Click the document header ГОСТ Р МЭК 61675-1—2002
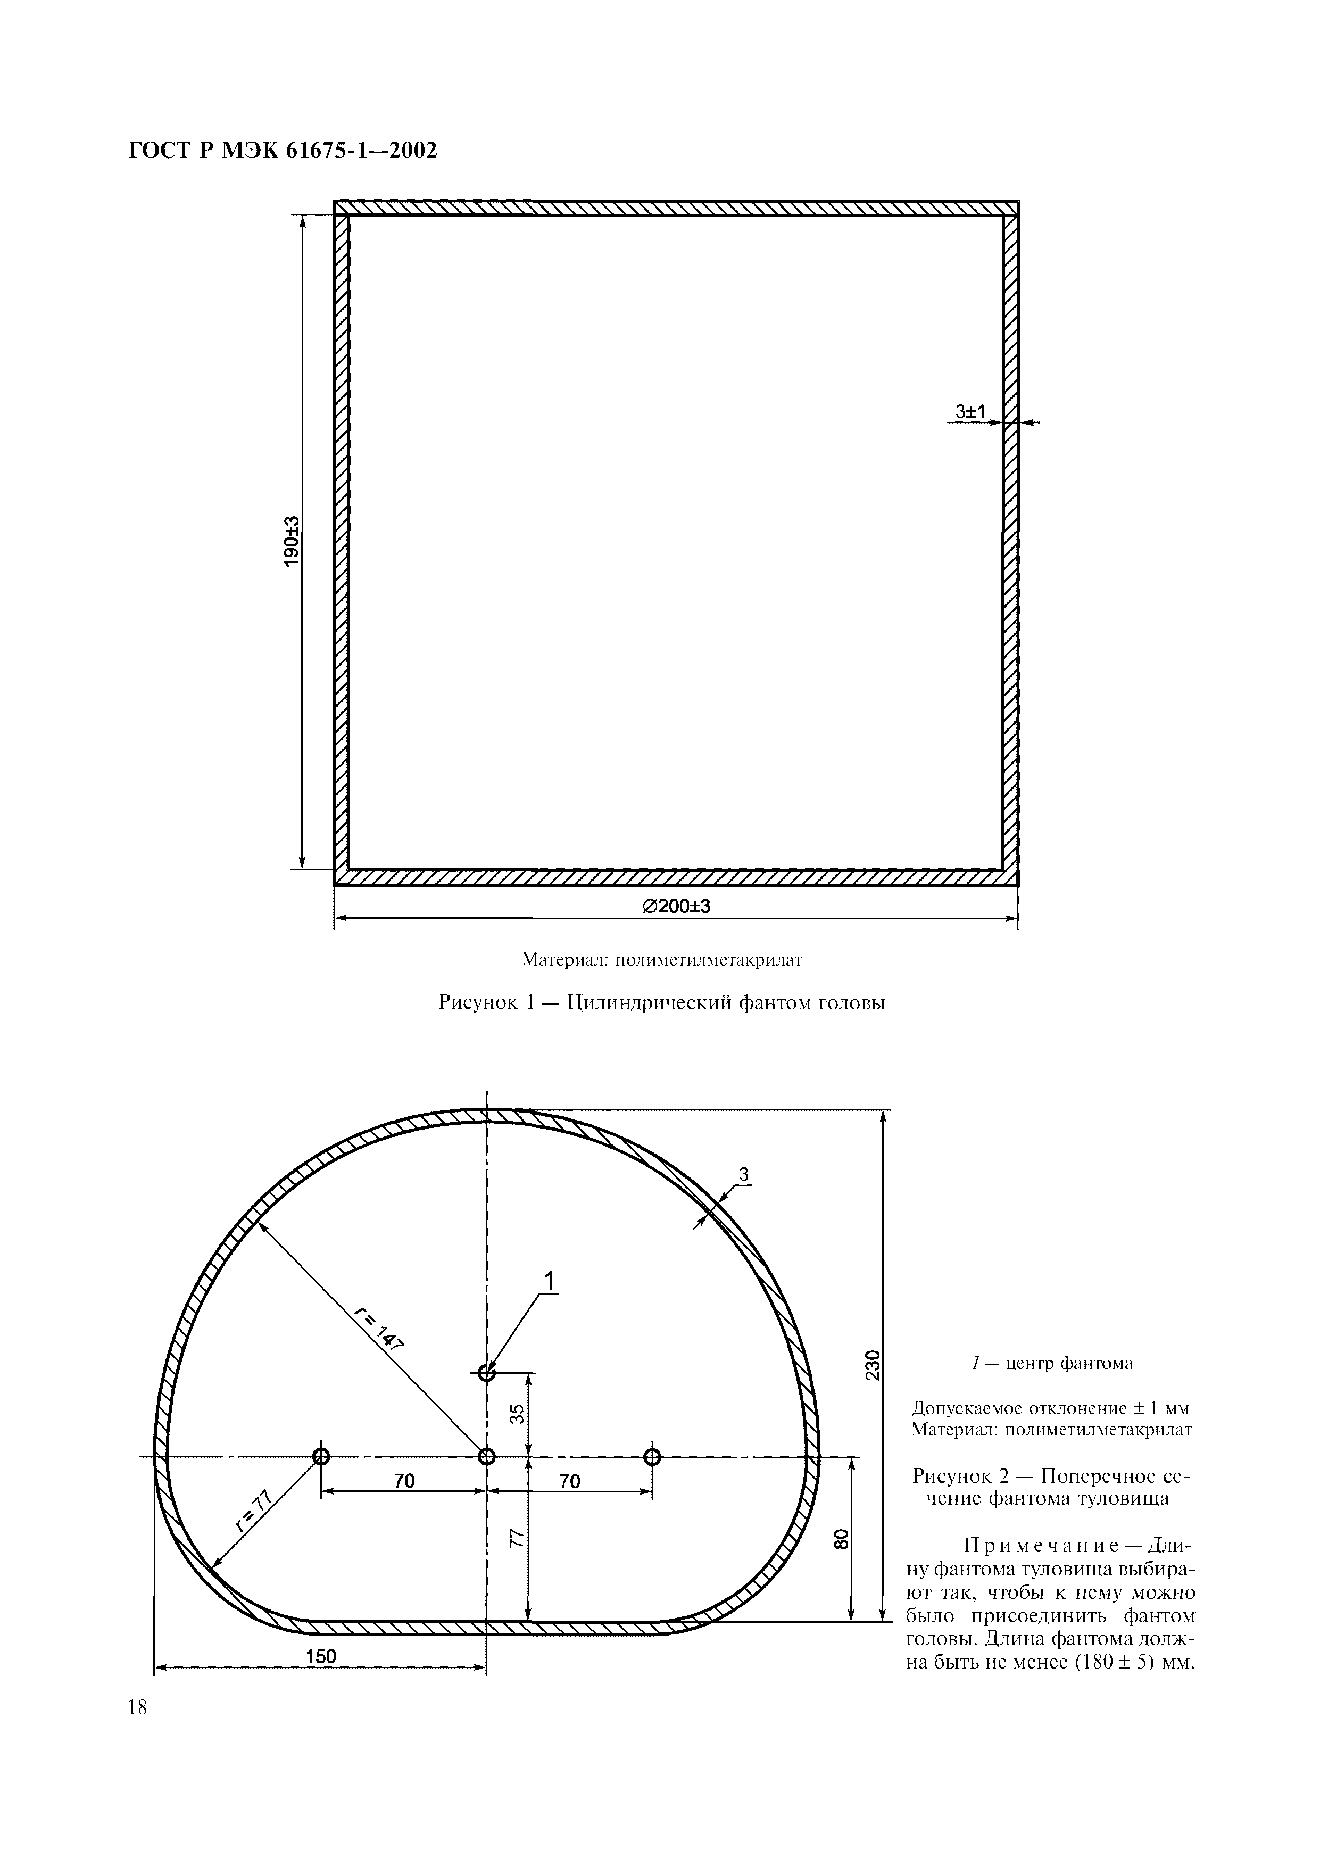pos(283,151)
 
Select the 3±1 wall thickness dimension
pos(970,412)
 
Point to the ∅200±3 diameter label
pos(677,906)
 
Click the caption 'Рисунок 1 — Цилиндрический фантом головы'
pos(661,1002)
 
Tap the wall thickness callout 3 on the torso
pos(743,1174)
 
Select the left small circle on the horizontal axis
pos(321,1456)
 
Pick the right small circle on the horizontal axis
pos(651,1456)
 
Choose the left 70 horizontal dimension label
pos(404,1482)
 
